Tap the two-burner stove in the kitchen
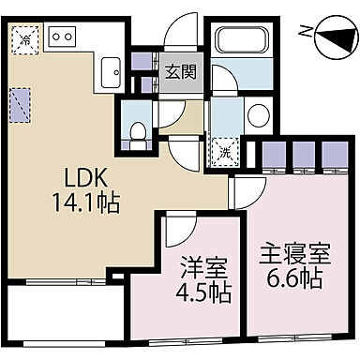(62, 36)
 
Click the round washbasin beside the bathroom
(258, 116)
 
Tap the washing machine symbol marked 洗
(226, 149)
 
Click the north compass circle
(331, 40)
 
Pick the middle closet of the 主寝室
(303, 152)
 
